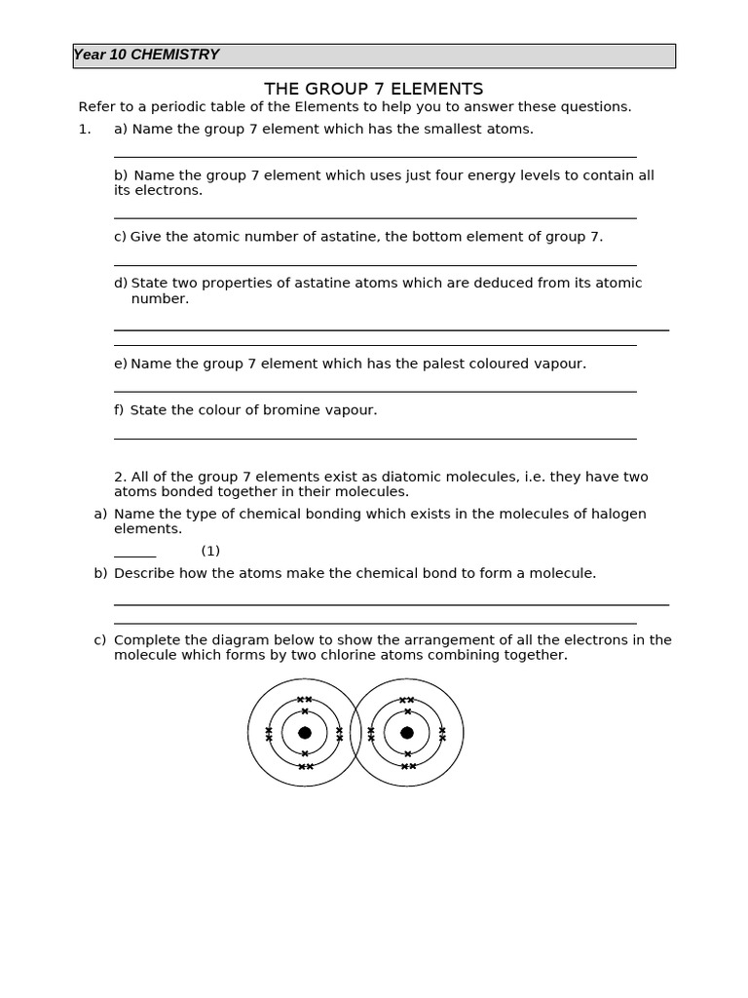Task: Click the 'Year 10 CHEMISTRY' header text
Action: point(146,55)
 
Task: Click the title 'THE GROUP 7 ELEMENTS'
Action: point(373,89)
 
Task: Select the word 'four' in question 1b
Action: point(425,175)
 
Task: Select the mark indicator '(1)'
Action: point(210,551)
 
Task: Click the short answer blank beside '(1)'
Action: point(134,555)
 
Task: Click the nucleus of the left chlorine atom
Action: point(305,733)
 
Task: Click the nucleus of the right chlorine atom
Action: point(407,733)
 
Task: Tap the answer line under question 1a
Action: point(375,157)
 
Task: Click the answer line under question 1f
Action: point(375,439)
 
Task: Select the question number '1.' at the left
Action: point(85,129)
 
